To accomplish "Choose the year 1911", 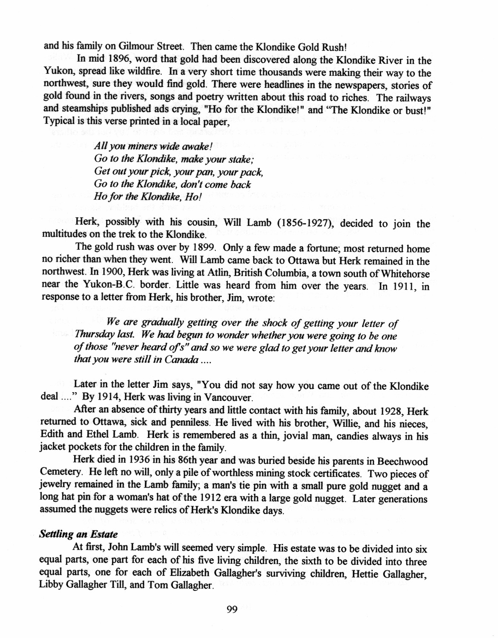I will tap(405, 286).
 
